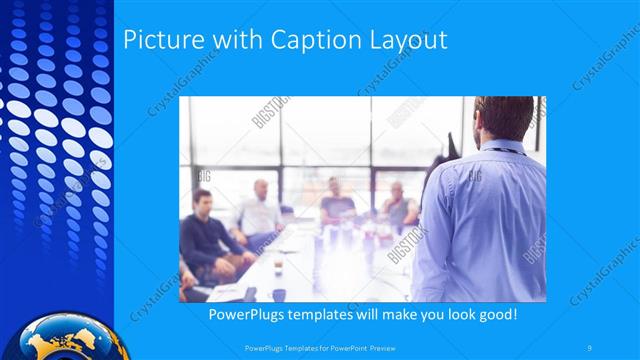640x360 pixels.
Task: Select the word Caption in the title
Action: [x=300, y=40]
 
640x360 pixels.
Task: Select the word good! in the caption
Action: [x=495, y=314]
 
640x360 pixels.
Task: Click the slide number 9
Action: [x=591, y=347]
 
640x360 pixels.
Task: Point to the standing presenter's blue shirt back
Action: [x=490, y=220]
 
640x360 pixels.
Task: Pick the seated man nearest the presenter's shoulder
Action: [x=397, y=205]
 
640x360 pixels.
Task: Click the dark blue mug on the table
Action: [x=279, y=294]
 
